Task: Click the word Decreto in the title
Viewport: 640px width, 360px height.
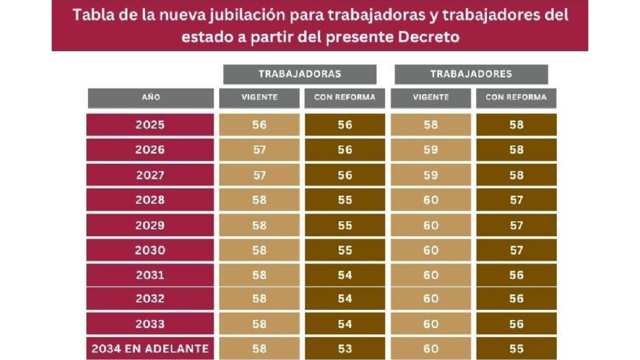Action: (x=429, y=37)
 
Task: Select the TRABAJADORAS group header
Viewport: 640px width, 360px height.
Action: (x=300, y=74)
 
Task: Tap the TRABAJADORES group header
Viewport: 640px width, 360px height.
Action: (x=471, y=74)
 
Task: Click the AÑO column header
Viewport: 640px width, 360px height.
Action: (x=151, y=97)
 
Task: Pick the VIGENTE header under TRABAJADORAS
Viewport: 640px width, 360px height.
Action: (x=259, y=97)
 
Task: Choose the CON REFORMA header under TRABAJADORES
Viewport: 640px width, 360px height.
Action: (x=516, y=97)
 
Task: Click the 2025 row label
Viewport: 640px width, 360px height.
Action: (x=151, y=125)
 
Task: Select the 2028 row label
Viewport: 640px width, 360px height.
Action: (x=151, y=200)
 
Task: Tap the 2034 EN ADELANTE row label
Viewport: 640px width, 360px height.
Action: (x=151, y=349)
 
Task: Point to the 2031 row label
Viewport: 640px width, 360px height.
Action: (x=151, y=275)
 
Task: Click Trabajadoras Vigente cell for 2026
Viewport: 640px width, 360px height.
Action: (x=259, y=150)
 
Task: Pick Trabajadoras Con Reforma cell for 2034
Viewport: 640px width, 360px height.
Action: (x=344, y=349)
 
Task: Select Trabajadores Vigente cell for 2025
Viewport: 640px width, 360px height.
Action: (x=431, y=125)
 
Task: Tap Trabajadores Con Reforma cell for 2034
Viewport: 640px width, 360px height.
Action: (x=516, y=349)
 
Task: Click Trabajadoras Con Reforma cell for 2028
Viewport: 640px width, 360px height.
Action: (x=344, y=200)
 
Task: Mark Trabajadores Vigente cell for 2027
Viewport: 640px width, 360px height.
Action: (x=431, y=175)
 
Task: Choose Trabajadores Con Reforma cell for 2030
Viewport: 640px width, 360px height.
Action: (x=516, y=250)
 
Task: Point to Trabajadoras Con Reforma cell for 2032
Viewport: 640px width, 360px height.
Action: (x=344, y=299)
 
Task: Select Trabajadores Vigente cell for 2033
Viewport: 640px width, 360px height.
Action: (x=431, y=324)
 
